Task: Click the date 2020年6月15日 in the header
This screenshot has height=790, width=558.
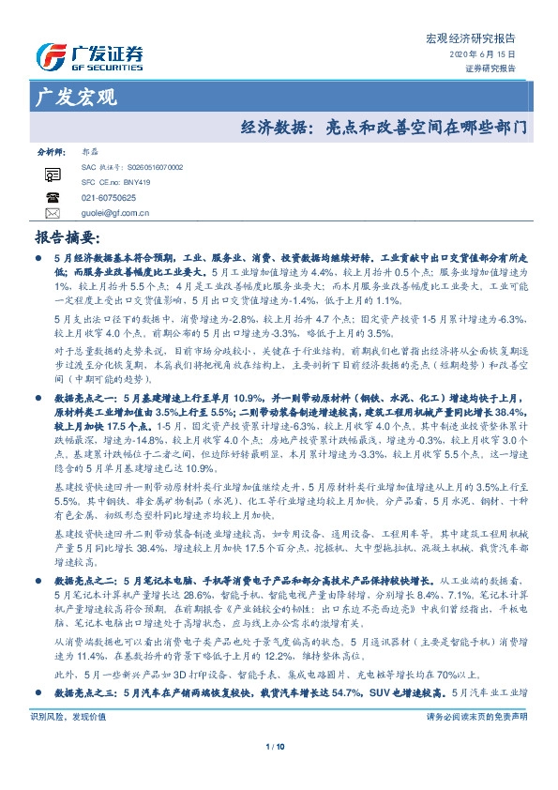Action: tap(489, 56)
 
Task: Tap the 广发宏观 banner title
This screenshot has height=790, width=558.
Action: tap(74, 97)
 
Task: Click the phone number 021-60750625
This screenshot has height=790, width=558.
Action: tap(109, 198)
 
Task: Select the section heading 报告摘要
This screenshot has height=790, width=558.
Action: tap(66, 237)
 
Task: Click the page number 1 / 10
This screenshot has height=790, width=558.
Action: tap(278, 773)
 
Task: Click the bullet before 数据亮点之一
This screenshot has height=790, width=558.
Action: tap(38, 399)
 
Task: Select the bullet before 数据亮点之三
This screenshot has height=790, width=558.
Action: tap(38, 719)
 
